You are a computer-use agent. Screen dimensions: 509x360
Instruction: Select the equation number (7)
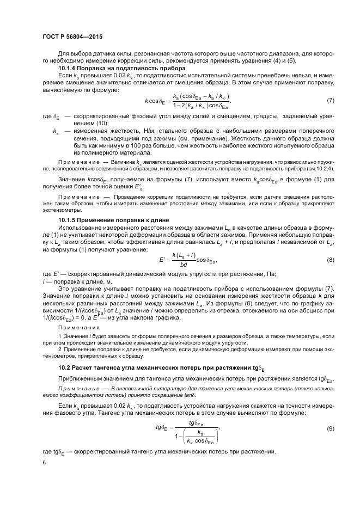pos(331,101)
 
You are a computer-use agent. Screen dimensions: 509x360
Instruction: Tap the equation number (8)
pos(331,260)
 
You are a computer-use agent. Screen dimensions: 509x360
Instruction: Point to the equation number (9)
pos(331,429)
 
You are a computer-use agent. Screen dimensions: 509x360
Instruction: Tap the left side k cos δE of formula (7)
pos(157,101)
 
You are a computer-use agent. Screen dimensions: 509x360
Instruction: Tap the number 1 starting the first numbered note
pos(59,338)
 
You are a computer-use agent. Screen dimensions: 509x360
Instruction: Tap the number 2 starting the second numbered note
pos(59,352)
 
